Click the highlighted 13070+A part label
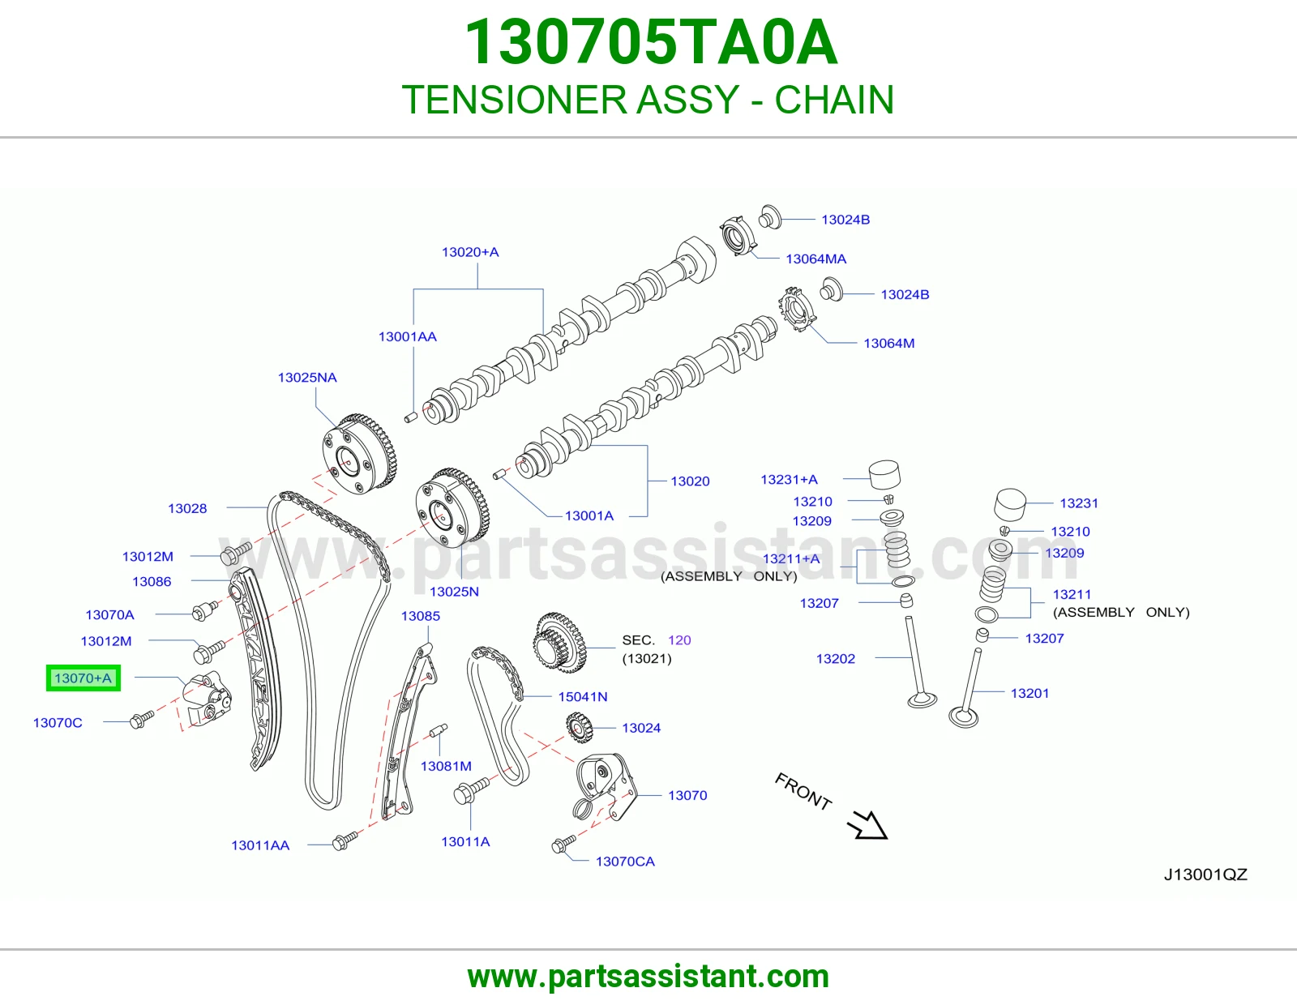coord(83,678)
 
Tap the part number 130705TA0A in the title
coord(651,42)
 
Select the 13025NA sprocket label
coord(307,378)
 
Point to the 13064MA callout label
coord(816,259)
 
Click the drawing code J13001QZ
coord(1205,875)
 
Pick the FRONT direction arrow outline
coord(867,825)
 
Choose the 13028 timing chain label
coord(187,508)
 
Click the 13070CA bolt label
coord(625,862)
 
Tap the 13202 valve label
coord(836,659)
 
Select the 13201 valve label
coord(1029,694)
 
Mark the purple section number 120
coord(679,640)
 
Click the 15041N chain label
coord(583,696)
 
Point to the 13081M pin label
coord(446,766)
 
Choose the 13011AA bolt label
coord(260,845)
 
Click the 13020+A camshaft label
coord(470,252)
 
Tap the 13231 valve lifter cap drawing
coord(1010,505)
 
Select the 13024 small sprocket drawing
coord(578,728)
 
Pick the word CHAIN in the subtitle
coord(834,100)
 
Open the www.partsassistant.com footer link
coord(648,977)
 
